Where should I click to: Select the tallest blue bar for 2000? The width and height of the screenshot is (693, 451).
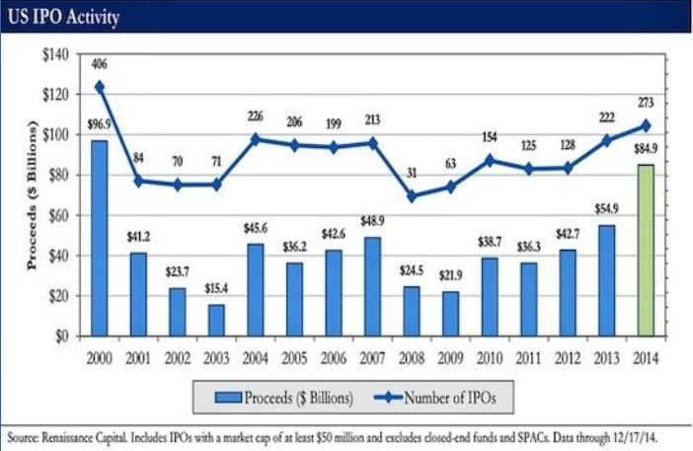tap(99, 238)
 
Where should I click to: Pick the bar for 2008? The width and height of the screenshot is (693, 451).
tap(411, 311)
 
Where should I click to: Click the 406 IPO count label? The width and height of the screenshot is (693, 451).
tap(99, 65)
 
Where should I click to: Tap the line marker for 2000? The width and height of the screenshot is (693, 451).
tap(99, 86)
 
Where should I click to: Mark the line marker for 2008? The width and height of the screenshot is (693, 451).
tap(411, 195)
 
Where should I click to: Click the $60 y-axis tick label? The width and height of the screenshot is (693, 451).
tap(57, 215)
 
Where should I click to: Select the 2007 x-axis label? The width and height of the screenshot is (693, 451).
tap(371, 357)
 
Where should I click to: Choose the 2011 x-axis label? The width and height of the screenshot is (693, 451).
tap(527, 357)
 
